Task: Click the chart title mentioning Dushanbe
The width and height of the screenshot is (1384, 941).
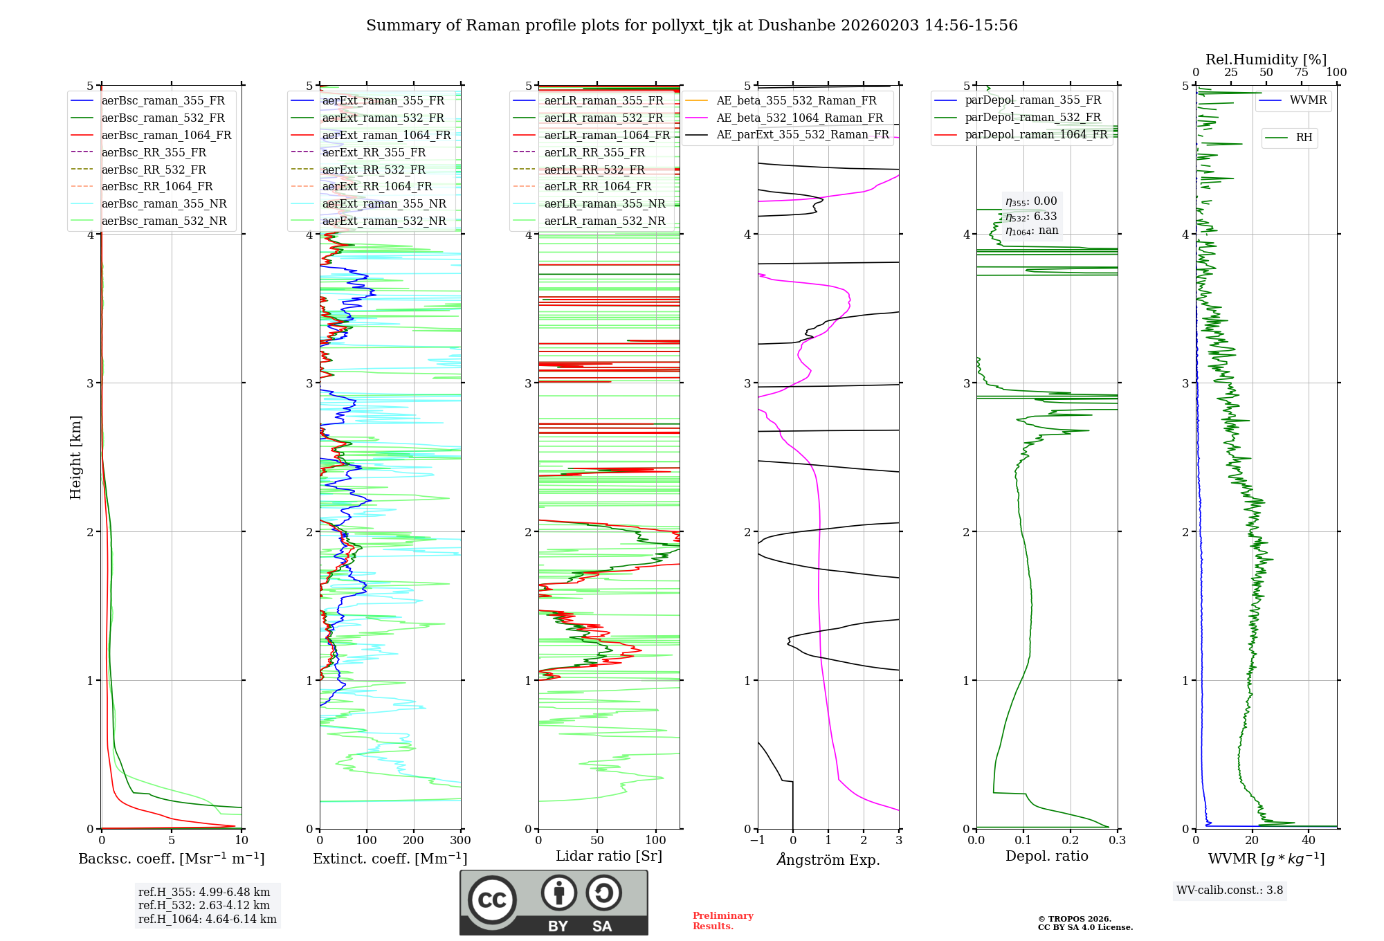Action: [x=691, y=26]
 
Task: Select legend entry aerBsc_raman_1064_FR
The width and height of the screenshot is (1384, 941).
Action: [x=166, y=136]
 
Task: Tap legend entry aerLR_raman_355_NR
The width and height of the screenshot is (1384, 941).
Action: [x=604, y=203]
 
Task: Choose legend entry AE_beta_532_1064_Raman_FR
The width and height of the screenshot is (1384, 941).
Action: [x=799, y=118]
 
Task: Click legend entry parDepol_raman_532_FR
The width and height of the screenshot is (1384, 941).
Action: [x=1032, y=118]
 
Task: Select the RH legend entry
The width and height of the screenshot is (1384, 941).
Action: [x=1304, y=138]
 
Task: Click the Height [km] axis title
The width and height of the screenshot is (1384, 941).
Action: [x=75, y=457]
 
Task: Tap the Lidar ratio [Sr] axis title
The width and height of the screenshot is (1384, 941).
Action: [x=609, y=856]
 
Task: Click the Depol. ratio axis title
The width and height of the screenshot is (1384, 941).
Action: [x=1046, y=856]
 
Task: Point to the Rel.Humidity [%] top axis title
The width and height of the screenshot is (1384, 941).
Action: [x=1266, y=60]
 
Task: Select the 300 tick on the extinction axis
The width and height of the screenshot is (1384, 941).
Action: [x=460, y=840]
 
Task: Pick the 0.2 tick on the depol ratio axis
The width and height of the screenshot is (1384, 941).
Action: [x=1071, y=840]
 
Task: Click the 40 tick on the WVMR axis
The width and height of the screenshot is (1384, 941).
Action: [x=1309, y=840]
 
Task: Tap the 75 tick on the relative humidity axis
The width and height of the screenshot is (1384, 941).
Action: [x=1302, y=73]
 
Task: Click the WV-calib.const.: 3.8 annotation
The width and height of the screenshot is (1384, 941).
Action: [x=1229, y=890]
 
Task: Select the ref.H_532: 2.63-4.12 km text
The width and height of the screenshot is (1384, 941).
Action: [x=204, y=905]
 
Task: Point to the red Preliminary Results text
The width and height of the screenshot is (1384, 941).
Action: [x=722, y=920]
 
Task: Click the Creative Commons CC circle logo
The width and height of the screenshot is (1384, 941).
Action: [x=492, y=899]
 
